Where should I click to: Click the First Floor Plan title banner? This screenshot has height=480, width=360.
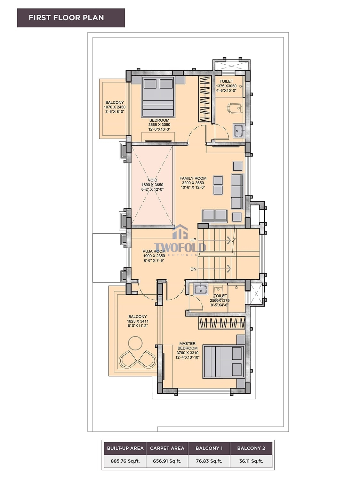[x=71, y=18]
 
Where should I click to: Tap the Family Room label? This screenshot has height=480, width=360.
[x=193, y=179]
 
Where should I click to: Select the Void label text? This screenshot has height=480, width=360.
[x=152, y=180]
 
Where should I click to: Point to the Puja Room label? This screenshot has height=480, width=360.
[x=154, y=252]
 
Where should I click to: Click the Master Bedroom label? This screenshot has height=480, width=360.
[x=187, y=346]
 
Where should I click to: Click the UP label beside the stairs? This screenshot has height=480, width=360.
[x=194, y=240]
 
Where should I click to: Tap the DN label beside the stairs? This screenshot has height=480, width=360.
[x=194, y=269]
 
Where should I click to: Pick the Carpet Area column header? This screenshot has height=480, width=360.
[x=167, y=448]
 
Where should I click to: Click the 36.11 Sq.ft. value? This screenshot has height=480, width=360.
[x=251, y=461]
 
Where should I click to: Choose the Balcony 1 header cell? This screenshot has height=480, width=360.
[x=209, y=448]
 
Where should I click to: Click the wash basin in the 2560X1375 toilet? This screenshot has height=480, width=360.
[x=201, y=289]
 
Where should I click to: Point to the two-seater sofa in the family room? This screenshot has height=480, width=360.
[x=215, y=216]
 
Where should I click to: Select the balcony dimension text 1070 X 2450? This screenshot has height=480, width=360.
[x=115, y=107]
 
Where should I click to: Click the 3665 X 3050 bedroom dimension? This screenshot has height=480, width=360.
[x=159, y=125]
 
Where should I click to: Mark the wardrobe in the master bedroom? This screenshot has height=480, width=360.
[x=221, y=323]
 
